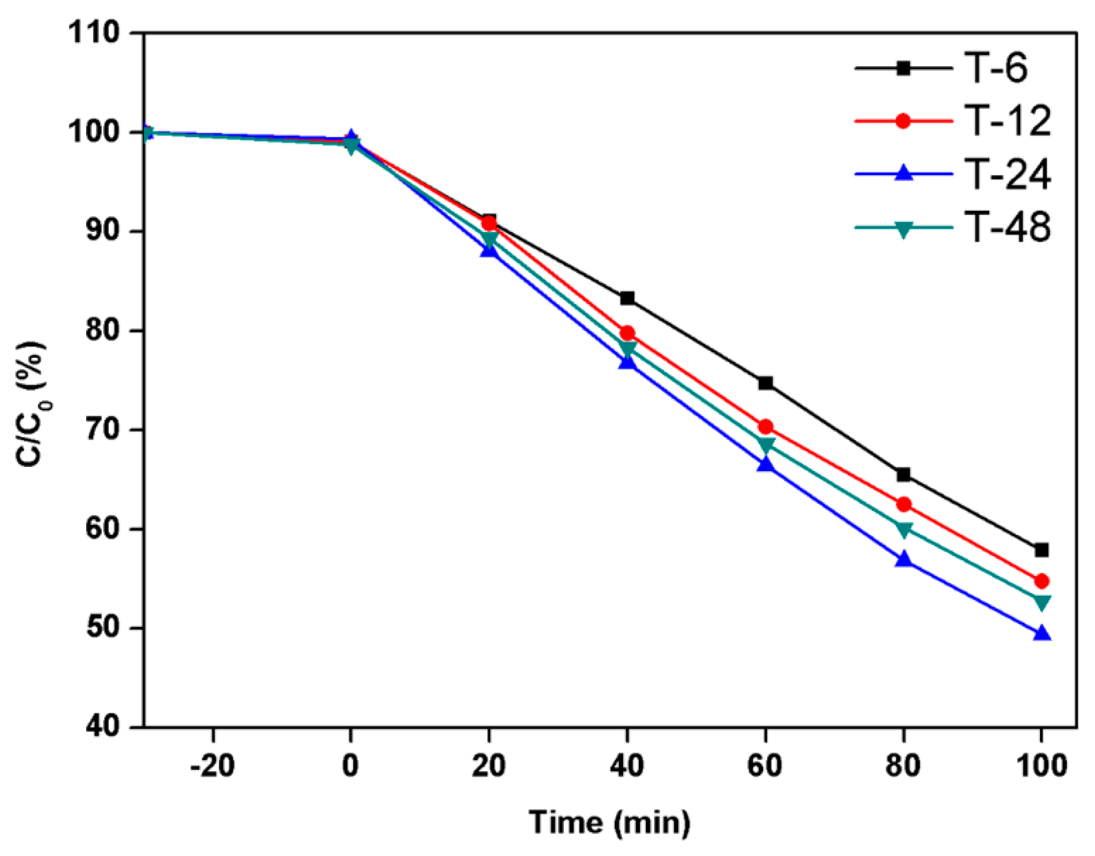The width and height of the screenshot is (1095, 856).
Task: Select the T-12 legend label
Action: point(1007,121)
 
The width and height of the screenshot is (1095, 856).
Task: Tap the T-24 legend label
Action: point(1007,174)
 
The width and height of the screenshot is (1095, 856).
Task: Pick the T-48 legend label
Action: point(1007,227)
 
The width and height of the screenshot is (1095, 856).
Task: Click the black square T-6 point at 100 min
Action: point(1042,550)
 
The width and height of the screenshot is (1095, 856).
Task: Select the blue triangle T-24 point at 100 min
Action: point(1042,634)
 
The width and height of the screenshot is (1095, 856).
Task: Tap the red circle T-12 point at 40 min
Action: point(627,333)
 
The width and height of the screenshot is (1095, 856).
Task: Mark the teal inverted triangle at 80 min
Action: point(904,530)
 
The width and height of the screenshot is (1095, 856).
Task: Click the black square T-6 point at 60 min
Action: point(765,383)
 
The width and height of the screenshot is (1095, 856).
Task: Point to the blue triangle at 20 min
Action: point(489,251)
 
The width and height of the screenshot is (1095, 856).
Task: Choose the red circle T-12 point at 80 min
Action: point(904,504)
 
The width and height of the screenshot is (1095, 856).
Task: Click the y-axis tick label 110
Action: point(93,33)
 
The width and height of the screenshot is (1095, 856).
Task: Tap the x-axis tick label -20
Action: point(212,766)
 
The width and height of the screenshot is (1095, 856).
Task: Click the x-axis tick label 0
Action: point(351,766)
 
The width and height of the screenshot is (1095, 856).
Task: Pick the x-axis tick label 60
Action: point(765,766)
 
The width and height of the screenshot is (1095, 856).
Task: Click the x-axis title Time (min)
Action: point(609,823)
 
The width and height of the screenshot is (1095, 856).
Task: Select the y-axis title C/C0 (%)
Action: point(31,405)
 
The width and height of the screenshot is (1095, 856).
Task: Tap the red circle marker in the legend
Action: point(903,121)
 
